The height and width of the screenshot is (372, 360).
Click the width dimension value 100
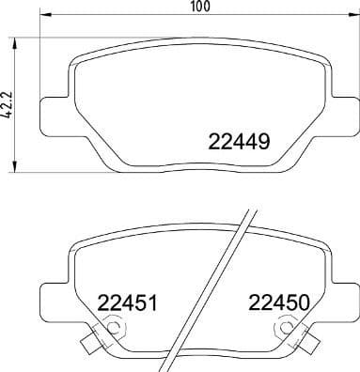[x=196, y=7]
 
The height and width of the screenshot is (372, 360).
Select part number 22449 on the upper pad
[x=239, y=143]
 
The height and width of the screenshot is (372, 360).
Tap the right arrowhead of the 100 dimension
[x=354, y=18]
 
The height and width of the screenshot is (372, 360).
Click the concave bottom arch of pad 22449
[x=197, y=172]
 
